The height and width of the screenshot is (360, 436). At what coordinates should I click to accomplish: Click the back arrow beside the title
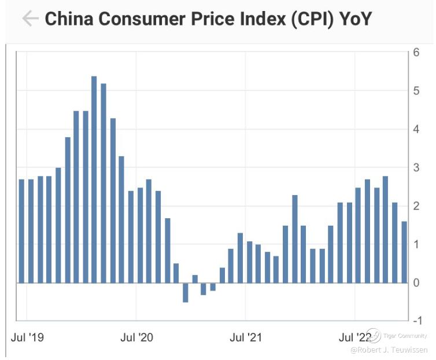[x=29, y=19]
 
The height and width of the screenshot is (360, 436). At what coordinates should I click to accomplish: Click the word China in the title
[x=69, y=19]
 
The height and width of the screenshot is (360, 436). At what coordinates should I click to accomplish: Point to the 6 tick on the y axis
[x=416, y=52]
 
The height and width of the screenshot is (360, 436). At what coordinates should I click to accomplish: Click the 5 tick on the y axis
[x=416, y=90]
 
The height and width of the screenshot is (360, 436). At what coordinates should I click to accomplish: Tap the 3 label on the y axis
[x=416, y=168]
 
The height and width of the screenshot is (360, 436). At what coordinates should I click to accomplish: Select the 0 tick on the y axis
[x=416, y=282]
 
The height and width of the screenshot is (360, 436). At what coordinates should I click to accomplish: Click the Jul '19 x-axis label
[x=28, y=337]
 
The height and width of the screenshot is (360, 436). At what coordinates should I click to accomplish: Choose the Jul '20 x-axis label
[x=137, y=337]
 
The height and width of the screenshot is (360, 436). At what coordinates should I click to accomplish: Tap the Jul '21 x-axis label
[x=246, y=337]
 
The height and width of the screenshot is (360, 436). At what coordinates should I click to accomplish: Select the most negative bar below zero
[x=185, y=292]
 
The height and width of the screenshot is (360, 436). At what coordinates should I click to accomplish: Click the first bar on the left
[x=21, y=231]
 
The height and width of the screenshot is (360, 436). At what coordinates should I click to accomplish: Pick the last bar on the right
[x=404, y=252]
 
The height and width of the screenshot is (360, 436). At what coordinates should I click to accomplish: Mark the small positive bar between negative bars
[x=195, y=279]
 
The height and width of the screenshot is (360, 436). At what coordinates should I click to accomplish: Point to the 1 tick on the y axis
[x=416, y=244]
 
